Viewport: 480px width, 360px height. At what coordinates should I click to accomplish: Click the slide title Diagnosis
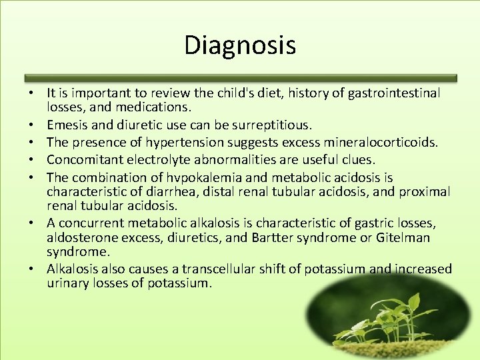point(240,46)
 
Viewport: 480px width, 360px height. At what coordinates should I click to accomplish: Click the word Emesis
point(65,125)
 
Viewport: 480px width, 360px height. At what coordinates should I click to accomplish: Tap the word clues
point(359,159)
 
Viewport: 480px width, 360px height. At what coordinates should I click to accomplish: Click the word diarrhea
point(158,191)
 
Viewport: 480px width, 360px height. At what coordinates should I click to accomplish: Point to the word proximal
point(425,191)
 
